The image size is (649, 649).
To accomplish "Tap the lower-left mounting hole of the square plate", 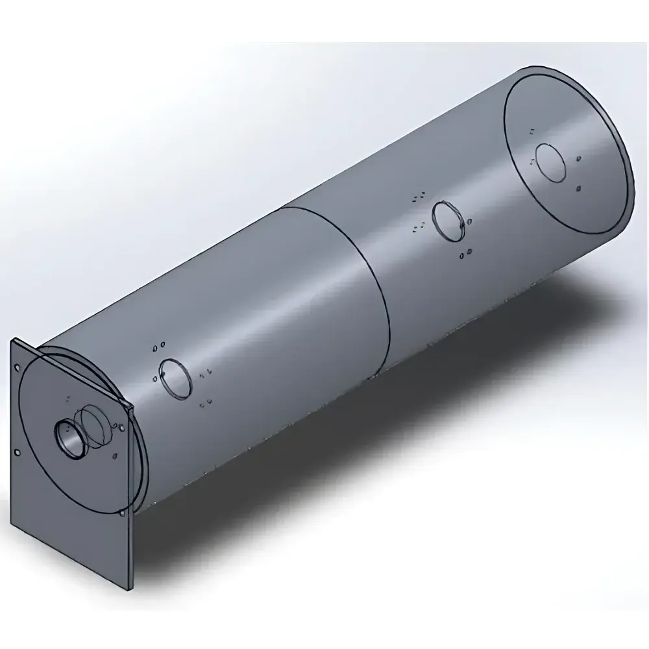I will coord(18,452).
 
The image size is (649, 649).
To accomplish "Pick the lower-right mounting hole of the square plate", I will coord(123,515).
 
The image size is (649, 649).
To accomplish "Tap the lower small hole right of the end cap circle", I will coord(578,189).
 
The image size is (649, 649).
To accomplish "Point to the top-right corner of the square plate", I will coord(132,408).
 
